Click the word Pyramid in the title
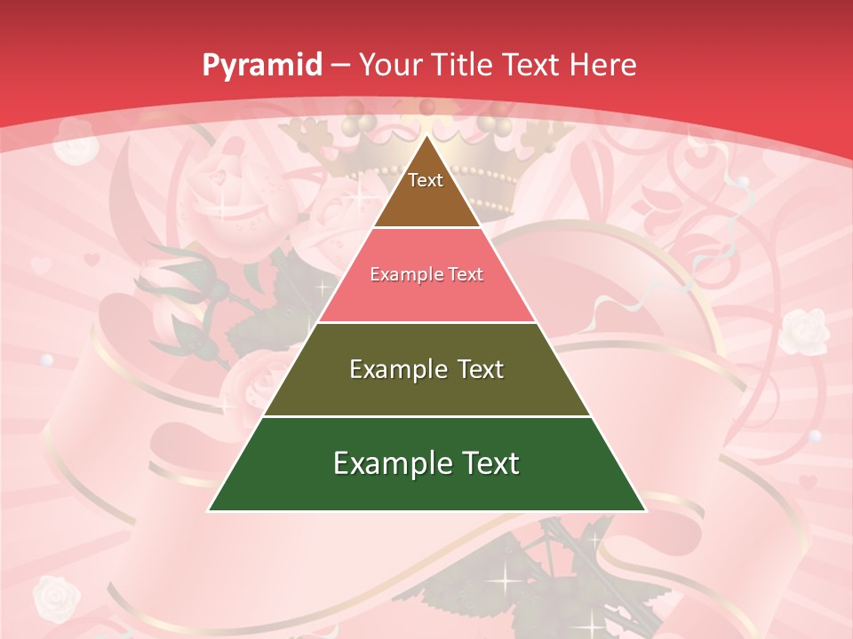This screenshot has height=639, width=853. pyautogui.click(x=261, y=66)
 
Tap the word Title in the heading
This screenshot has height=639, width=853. pyautogui.click(x=462, y=65)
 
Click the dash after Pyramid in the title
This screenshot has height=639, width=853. pyautogui.click(x=339, y=66)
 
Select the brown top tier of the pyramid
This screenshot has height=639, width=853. pyautogui.click(x=426, y=201)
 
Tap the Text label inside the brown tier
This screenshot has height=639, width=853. pyautogui.click(x=426, y=180)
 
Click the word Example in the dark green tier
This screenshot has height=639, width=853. pyautogui.click(x=390, y=463)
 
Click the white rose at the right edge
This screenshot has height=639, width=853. pyautogui.click(x=805, y=329)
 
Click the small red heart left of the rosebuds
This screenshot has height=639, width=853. pyautogui.click(x=92, y=260)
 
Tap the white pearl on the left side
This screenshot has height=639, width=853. pyautogui.click(x=47, y=360)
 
